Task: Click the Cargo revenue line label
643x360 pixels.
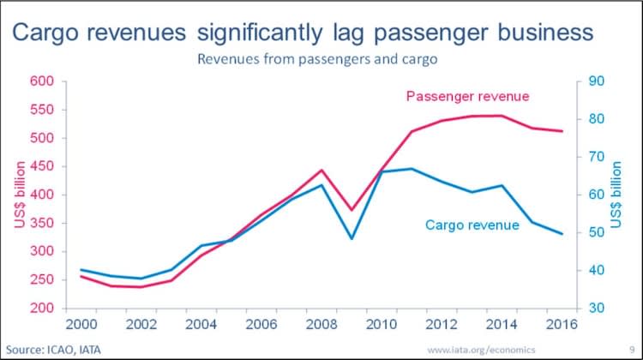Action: pos(472,225)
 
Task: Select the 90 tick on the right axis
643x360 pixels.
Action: pos(597,81)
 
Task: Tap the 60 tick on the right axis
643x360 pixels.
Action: pos(597,195)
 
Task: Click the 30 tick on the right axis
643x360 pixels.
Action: pos(597,308)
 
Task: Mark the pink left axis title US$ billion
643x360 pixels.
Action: pos(19,195)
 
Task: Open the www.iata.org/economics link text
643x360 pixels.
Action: pos(481,349)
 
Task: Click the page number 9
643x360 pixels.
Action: pos(630,349)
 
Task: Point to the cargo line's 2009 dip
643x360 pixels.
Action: pos(351,238)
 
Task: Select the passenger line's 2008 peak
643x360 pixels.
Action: pos(321,171)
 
